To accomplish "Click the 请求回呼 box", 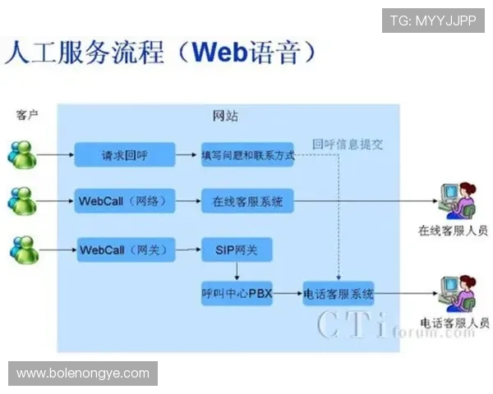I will (125, 154).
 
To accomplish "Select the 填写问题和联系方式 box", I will (247, 154).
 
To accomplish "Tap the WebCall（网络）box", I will (126, 201).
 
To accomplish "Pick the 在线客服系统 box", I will (247, 201).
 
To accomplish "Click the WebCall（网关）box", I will (126, 250).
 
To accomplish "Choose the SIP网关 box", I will (237, 250).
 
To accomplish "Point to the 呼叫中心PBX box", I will (237, 293).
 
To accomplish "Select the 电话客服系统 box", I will (339, 293).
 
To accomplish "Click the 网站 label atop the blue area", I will (226, 116).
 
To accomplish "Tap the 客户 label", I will (27, 115).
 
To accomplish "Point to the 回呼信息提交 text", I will (348, 144).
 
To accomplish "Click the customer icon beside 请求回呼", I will (22, 153).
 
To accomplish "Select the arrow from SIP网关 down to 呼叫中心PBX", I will (237, 271).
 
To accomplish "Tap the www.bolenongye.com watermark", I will (82, 373).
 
